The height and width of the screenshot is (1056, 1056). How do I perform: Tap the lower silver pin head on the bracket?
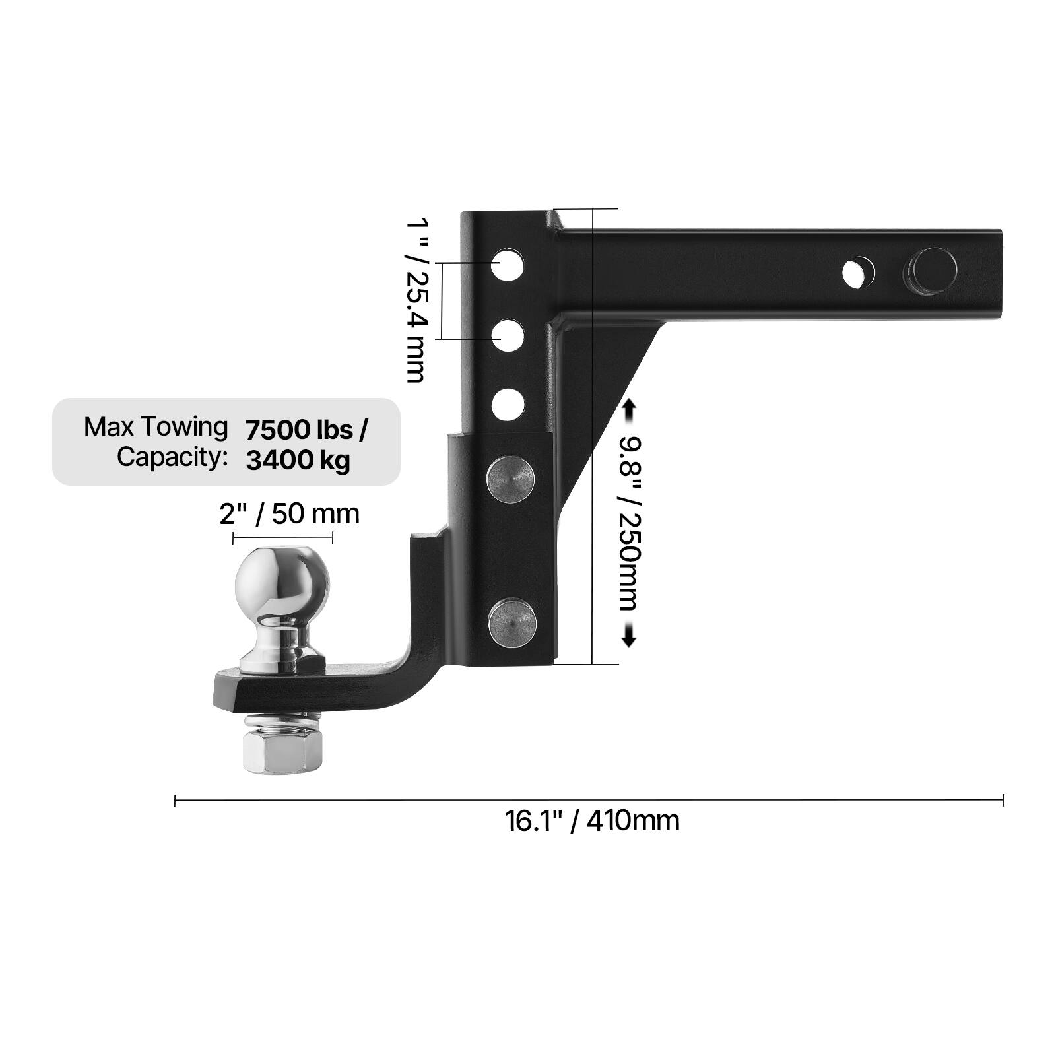point(512,623)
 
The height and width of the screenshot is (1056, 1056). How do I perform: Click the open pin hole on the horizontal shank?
point(859,273)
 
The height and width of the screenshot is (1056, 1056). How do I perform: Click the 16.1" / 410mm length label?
point(591,821)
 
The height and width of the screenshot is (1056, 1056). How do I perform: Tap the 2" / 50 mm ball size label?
point(289,513)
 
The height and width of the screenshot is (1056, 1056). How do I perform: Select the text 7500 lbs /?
point(306,430)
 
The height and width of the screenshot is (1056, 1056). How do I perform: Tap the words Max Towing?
point(156,427)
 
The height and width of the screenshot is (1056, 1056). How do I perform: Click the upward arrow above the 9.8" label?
point(628,411)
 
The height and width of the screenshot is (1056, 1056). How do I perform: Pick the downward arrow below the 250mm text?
point(628,636)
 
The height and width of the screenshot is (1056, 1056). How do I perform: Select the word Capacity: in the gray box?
point(172,457)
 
